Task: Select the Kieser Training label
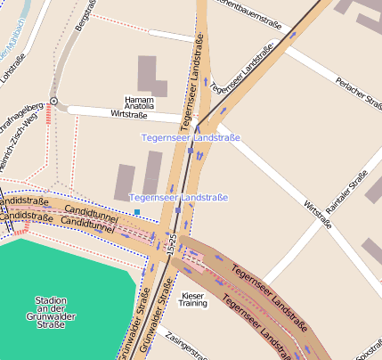point(193,299)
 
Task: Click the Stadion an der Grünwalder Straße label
point(50,312)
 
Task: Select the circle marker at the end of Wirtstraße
point(53,102)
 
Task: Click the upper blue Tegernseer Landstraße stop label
point(191,137)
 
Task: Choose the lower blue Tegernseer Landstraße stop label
point(178,197)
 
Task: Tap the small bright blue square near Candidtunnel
point(137,211)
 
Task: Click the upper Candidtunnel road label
point(90,213)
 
